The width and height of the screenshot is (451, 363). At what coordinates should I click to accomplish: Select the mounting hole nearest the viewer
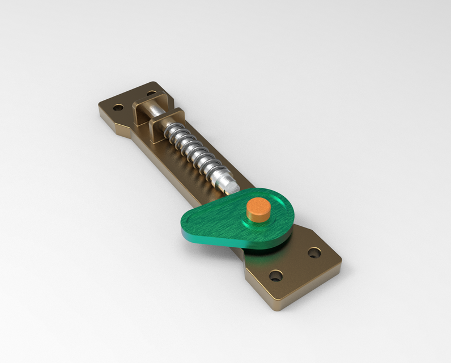click(275, 276)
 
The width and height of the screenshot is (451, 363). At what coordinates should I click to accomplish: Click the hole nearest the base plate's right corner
click(313, 252)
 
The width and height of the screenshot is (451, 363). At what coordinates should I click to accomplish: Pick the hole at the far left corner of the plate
click(118, 107)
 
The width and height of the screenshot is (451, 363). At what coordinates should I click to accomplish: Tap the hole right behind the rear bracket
click(152, 93)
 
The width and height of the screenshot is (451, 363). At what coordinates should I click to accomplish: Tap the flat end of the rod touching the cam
click(232, 185)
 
